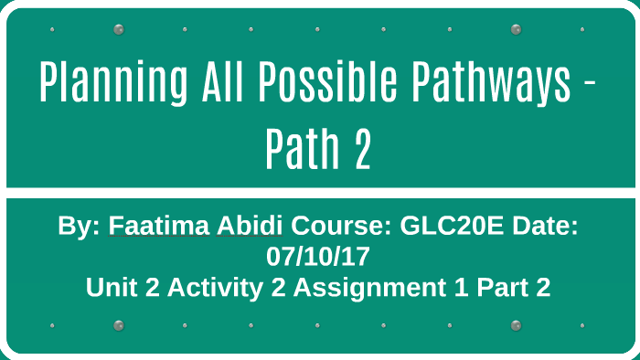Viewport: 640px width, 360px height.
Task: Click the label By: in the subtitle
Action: [x=79, y=226]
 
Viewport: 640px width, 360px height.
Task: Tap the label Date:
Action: [x=546, y=226]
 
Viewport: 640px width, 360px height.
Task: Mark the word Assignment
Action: [x=353, y=287]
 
